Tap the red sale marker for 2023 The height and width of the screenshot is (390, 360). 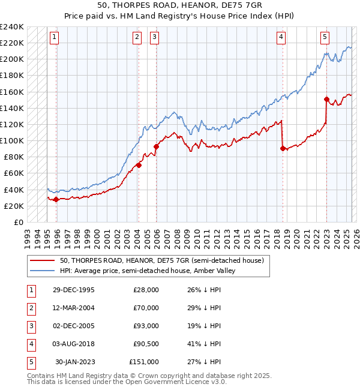pyautogui.click(x=326, y=99)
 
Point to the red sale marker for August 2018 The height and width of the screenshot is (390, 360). pyautogui.click(x=283, y=148)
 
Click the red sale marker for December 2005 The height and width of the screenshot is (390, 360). pyautogui.click(x=156, y=146)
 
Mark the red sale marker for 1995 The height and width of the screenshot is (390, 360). pyautogui.click(x=56, y=199)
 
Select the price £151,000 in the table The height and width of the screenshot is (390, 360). pyautogui.click(x=144, y=362)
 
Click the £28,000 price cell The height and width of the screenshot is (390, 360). pyautogui.click(x=146, y=290)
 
